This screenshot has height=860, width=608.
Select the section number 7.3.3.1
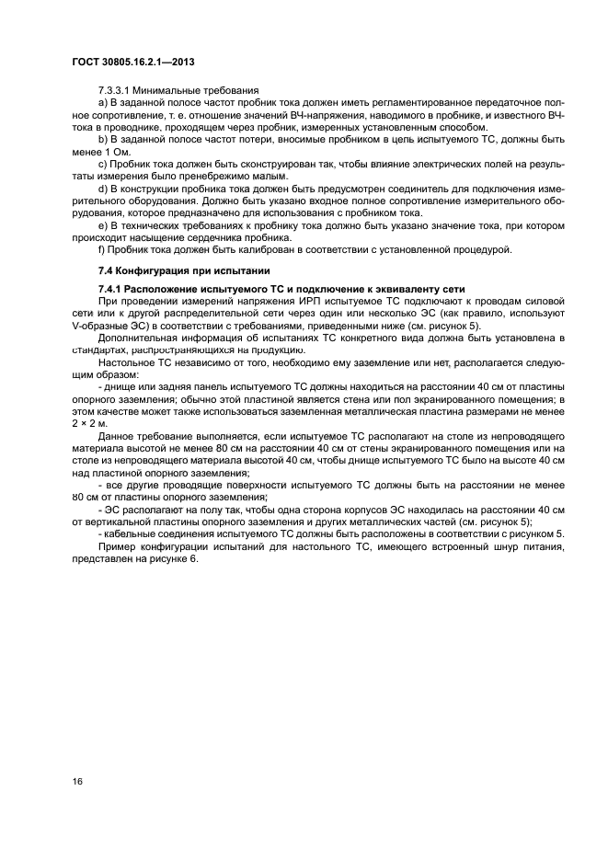click(x=117, y=89)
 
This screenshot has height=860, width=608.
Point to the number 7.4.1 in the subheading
click(x=111, y=289)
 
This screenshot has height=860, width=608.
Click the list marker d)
click(x=102, y=188)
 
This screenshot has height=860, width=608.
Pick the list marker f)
click(x=101, y=249)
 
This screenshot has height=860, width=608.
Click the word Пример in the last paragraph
click(x=115, y=546)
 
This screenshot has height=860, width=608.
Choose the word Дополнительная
click(x=136, y=338)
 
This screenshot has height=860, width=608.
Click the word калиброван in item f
click(x=253, y=249)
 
